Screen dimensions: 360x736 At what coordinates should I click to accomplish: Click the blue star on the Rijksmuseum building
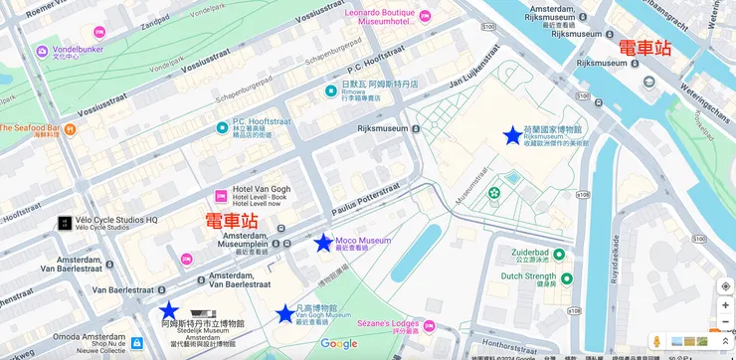coord(512,135)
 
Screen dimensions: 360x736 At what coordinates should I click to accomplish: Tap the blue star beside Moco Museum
coord(323,243)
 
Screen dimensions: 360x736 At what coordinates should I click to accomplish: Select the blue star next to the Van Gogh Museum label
coord(286,313)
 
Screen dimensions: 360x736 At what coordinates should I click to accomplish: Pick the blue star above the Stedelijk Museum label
coord(169,310)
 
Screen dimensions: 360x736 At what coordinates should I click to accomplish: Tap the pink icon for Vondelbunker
coord(42,51)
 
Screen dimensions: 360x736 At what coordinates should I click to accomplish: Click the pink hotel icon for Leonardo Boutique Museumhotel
coord(425,16)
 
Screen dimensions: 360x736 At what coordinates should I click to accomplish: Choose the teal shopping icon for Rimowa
coord(331,91)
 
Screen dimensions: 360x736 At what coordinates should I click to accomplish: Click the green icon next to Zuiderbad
coord(559,255)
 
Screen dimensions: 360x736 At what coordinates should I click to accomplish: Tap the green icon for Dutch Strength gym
coord(566,279)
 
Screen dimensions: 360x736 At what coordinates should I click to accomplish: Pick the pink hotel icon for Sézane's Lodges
coord(429,326)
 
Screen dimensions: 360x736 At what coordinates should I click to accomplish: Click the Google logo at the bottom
coord(339,344)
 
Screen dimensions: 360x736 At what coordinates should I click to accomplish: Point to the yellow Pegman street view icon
coord(656,342)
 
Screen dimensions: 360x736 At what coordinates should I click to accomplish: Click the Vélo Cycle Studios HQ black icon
coord(64,223)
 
